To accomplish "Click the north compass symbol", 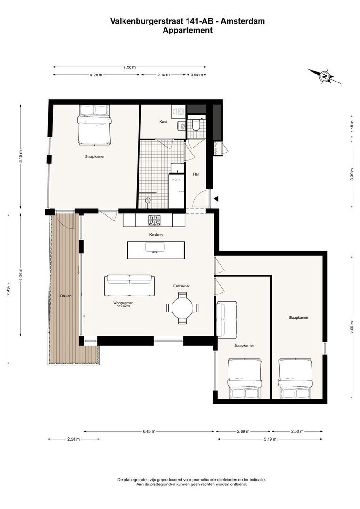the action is (x=324, y=76).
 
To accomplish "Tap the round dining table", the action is (x=182, y=308).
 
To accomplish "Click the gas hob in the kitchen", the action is (x=154, y=221).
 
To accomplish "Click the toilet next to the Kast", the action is (x=196, y=124).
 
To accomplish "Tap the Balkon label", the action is (x=66, y=296).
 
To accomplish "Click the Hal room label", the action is (x=196, y=174).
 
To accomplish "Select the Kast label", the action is (x=164, y=122).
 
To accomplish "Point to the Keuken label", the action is (x=156, y=234).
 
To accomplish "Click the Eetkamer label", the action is (x=181, y=286).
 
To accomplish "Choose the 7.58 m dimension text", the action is (x=130, y=67).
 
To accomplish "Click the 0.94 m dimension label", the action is (x=196, y=75).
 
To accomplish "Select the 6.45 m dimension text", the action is (x=149, y=431).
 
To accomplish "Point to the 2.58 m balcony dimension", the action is (x=74, y=439).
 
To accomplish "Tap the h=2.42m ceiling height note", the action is (x=123, y=306).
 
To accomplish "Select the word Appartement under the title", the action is (x=188, y=31).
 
